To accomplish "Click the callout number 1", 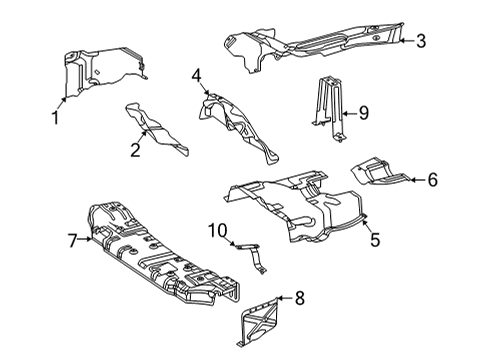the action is (56, 118).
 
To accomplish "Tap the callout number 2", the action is (135, 150).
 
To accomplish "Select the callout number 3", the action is (421, 41).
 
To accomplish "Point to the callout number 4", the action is (197, 76).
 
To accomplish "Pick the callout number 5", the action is (375, 240).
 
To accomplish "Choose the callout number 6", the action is (432, 180).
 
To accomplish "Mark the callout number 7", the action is (73, 241).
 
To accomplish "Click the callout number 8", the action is (300, 298).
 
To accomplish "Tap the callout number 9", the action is (364, 113).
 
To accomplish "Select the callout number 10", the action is (218, 231).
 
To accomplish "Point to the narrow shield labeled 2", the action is (155, 129).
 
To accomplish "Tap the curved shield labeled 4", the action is (238, 128).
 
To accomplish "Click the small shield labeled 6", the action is (380, 171).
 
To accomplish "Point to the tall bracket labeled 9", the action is (328, 107).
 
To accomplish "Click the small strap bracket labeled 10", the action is (252, 257).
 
